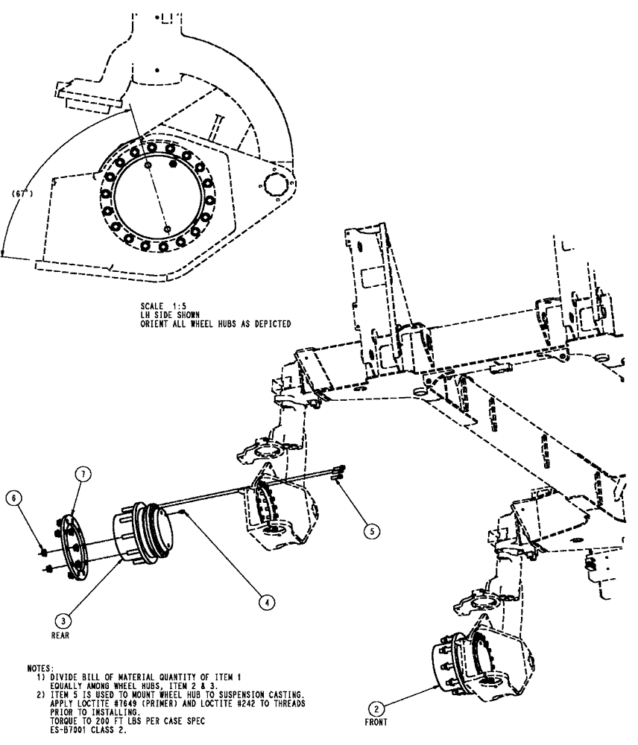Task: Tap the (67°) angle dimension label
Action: pyautogui.click(x=23, y=193)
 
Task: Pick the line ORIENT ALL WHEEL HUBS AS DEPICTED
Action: pyautogui.click(x=215, y=323)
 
